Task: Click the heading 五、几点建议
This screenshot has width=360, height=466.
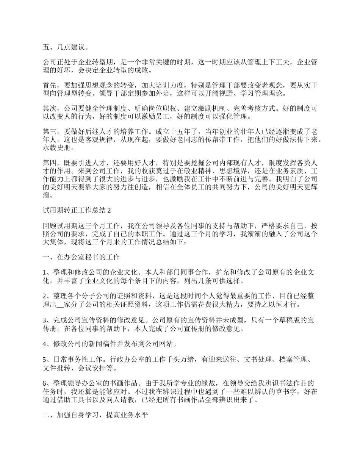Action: (x=66, y=47)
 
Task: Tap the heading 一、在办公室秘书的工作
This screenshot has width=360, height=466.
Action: (x=81, y=257)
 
